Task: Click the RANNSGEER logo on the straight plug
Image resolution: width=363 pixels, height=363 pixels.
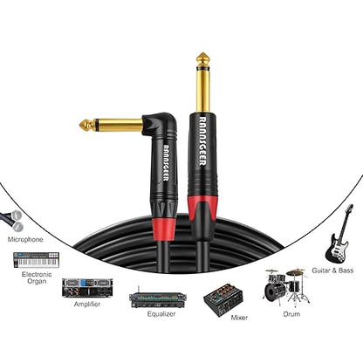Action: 202,141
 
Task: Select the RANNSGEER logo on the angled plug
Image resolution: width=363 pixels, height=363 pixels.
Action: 166,163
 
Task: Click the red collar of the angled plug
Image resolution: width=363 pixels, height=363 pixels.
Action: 164,229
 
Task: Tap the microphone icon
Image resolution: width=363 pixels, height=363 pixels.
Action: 12,220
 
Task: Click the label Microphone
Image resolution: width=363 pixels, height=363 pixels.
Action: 25,240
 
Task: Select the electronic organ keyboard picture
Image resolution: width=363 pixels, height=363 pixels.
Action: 36,260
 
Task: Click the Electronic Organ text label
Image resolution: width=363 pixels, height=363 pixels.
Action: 37,277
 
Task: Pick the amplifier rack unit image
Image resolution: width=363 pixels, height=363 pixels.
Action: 87,288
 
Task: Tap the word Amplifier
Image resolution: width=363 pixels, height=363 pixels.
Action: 87,305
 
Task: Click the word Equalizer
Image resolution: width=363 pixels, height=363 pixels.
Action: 161,314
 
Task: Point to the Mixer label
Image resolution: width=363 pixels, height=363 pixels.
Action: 239,318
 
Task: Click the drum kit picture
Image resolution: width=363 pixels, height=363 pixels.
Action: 286,286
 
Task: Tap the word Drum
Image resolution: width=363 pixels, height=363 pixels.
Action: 291,314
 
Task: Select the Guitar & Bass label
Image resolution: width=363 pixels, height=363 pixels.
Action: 332,271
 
